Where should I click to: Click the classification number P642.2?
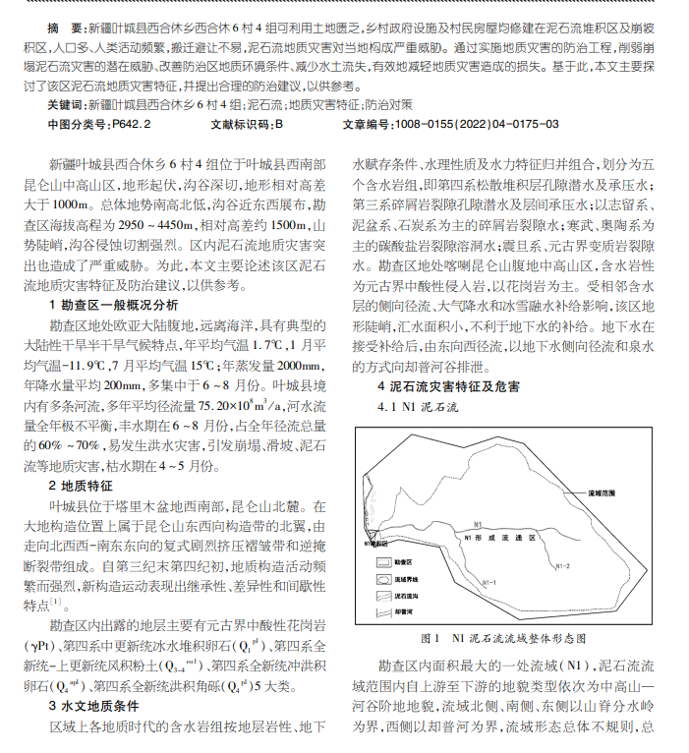click(132, 125)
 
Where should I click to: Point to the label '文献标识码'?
click(238, 125)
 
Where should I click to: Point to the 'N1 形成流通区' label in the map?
click(501, 539)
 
